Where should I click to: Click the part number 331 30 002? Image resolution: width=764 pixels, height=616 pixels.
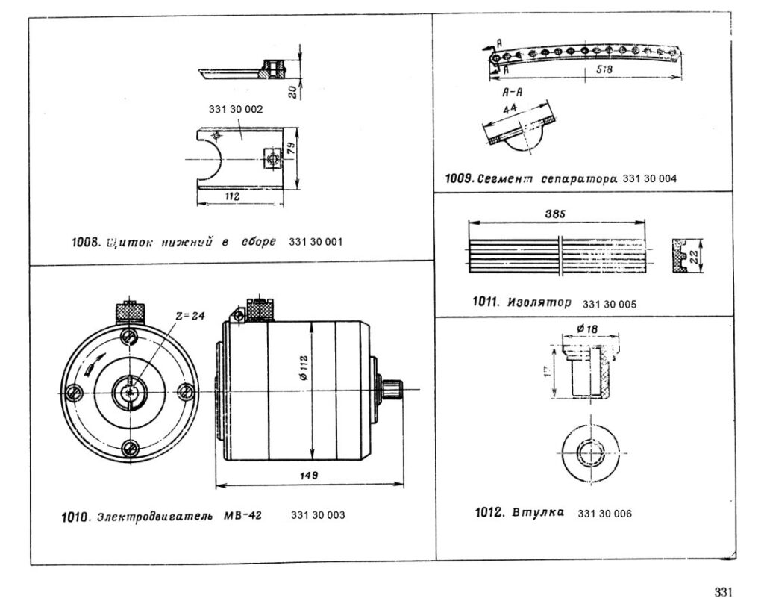pyautogui.click(x=236, y=108)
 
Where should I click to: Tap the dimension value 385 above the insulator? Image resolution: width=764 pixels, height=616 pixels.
pyautogui.click(x=557, y=214)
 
